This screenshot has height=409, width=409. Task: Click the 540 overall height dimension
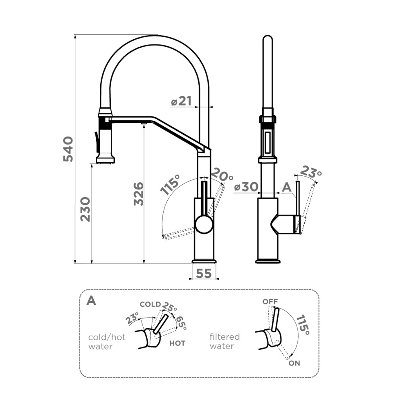(68, 149)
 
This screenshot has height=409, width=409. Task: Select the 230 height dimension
(85, 209)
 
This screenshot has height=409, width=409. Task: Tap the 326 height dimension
(139, 194)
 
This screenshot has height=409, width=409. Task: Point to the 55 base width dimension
(204, 273)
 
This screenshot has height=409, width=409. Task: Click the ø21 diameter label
(182, 101)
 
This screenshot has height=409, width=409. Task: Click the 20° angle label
(222, 174)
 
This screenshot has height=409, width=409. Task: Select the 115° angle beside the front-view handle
(170, 185)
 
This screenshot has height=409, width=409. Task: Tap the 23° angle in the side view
(311, 172)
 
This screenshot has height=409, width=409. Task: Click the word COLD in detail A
(150, 304)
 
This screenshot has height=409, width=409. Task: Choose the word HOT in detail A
(178, 343)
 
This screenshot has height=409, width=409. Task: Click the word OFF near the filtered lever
(270, 302)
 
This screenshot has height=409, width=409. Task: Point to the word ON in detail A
(294, 363)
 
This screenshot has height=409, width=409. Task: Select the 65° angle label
(182, 323)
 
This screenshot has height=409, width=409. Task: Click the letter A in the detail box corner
(91, 300)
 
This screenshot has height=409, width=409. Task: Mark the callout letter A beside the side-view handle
(287, 187)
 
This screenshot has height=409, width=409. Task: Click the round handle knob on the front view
(204, 225)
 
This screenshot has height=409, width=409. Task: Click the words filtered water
(225, 341)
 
